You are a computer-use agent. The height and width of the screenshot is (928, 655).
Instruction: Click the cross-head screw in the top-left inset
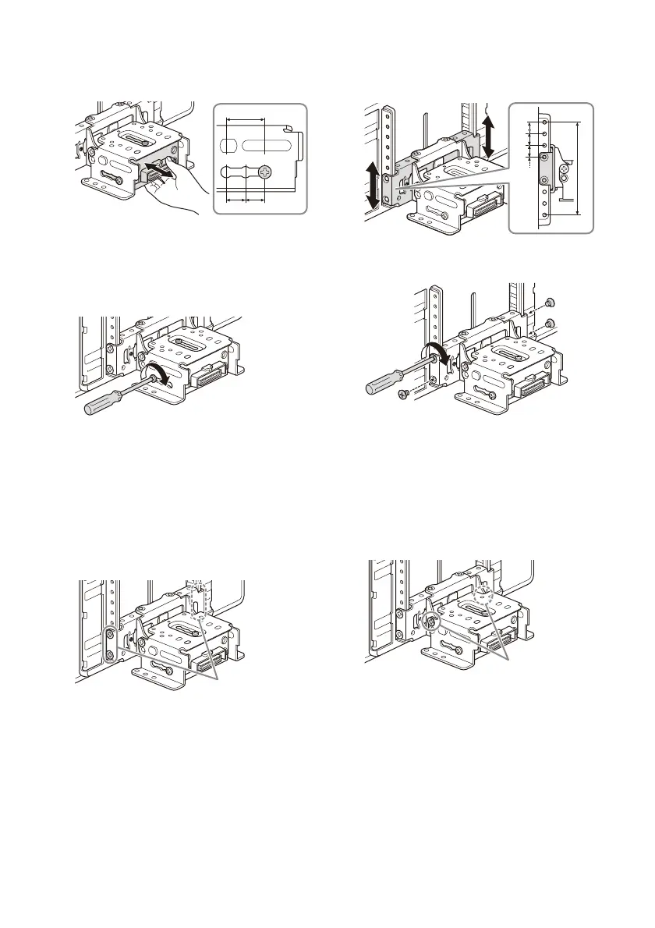[267, 172]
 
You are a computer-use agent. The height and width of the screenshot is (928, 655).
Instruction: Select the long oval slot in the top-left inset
[270, 146]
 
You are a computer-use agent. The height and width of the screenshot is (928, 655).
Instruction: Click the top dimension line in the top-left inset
[245, 120]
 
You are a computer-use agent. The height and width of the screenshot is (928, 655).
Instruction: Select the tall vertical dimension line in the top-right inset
[579, 168]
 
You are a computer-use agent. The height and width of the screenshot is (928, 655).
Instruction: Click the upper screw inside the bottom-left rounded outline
[112, 634]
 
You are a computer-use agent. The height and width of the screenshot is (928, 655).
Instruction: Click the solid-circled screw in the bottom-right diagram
[430, 622]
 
